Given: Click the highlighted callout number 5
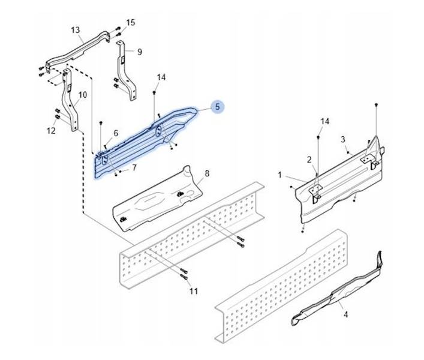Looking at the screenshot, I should coord(218,107).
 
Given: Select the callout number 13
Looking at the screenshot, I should coord(75,30).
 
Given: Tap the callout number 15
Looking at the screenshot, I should coord(131,23).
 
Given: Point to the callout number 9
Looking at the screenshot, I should coord(139,52).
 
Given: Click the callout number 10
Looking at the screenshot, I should coord(83,95).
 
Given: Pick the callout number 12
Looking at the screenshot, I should coord(51,130).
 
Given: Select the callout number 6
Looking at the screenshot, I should coord(116,133).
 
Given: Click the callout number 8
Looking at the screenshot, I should coord(207,174).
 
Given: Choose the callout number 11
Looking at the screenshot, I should coord(193,292).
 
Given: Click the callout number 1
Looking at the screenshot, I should coord(279,175).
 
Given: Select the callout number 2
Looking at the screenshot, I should coord(309,160).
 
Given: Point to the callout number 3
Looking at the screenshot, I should coord(343,139).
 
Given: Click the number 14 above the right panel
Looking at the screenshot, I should coord(324,122).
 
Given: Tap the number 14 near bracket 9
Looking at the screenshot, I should coord(161,77).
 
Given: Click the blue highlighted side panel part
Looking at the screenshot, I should coord(144,144).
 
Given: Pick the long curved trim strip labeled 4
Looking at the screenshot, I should coord(336,294).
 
